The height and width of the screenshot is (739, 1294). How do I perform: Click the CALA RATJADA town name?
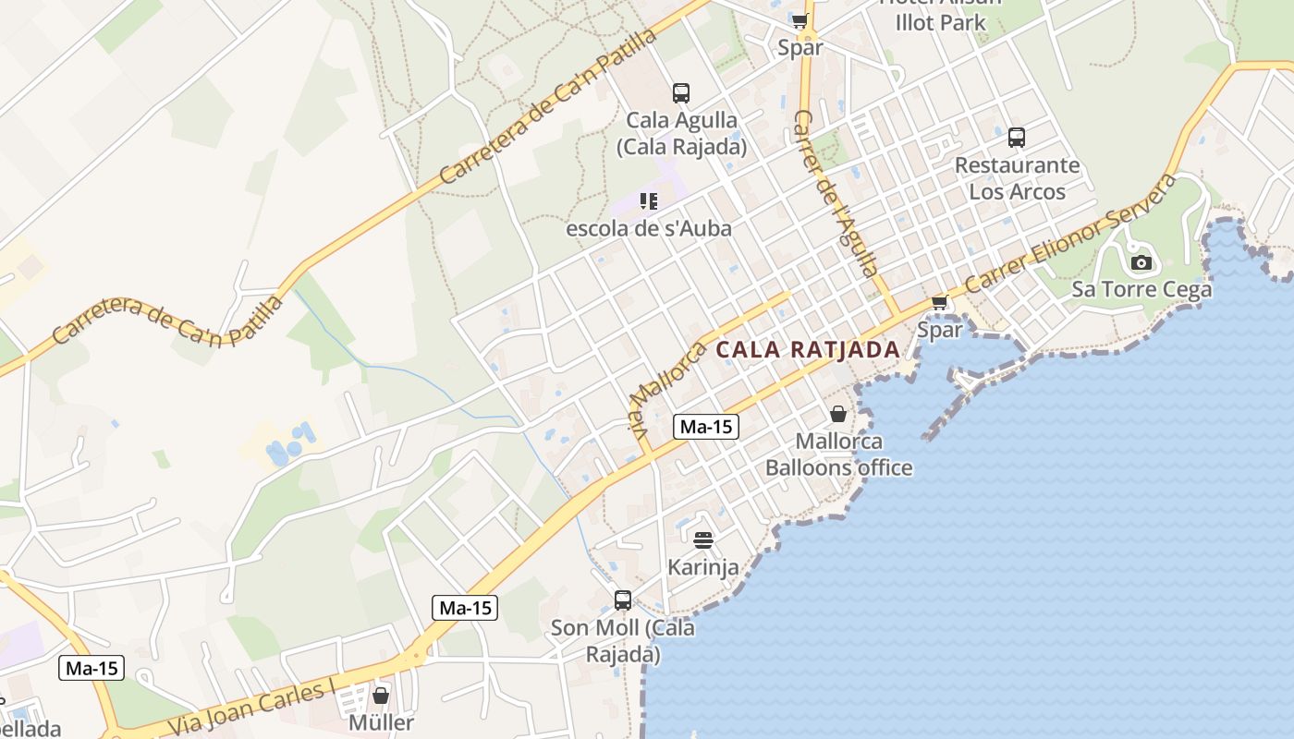pos(808,349)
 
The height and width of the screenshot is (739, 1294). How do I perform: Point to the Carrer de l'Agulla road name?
pos(834,194)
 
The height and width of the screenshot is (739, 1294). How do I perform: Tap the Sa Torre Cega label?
pos(1141,289)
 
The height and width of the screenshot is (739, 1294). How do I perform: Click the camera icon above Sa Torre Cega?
pos(1141,262)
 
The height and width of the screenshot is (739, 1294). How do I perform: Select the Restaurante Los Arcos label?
pos(1017,178)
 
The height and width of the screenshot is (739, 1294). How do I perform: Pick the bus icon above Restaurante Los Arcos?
pos(1017,138)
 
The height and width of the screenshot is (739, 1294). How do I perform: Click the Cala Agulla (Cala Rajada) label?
pos(682,133)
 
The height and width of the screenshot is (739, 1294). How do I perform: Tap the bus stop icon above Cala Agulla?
pos(681,92)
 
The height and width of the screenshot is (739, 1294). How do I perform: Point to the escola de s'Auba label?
pos(649,228)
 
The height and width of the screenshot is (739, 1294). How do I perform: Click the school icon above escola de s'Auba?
pos(649,200)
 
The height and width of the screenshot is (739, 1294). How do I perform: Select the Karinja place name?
pos(703,566)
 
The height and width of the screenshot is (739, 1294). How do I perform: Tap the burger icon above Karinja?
pos(703,539)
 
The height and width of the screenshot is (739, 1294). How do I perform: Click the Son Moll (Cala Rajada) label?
pos(623,641)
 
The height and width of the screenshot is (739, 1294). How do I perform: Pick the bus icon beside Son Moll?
pos(623,600)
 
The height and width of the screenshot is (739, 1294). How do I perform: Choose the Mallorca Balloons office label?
pos(838,454)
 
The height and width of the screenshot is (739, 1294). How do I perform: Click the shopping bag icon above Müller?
pos(381,695)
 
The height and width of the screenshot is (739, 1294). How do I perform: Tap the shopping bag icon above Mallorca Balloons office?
pos(838,414)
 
